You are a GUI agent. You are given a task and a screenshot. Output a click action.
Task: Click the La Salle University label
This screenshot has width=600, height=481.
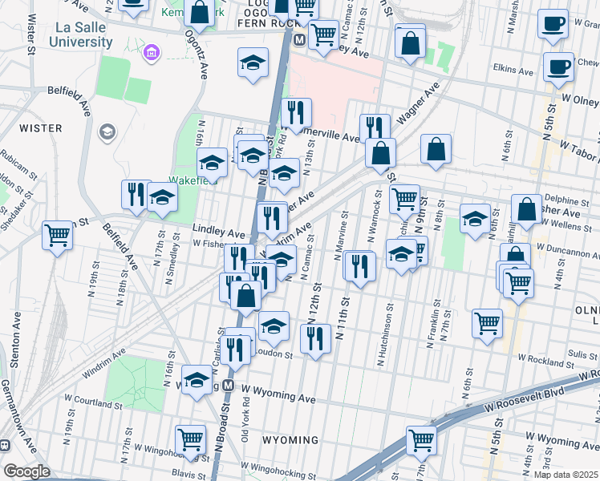click(x=81, y=36)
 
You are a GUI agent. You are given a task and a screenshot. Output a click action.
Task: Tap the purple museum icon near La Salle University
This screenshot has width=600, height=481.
click(x=148, y=54)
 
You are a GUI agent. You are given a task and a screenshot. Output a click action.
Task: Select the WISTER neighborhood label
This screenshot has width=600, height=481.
click(x=34, y=127)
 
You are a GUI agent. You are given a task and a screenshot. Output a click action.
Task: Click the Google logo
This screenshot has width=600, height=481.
click(x=27, y=471)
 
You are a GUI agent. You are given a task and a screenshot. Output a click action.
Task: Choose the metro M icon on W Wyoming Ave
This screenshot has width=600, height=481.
click(x=229, y=386)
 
